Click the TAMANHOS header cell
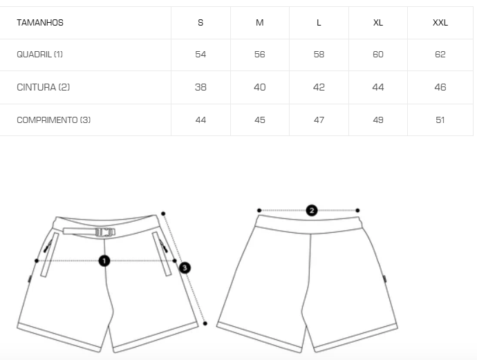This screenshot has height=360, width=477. pos(40,23)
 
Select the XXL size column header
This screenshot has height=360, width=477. pos(440,23)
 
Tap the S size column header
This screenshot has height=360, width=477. pos(200,23)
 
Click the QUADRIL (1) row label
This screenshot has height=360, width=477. pos(39,55)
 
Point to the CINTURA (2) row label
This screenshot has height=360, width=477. pos(43,87)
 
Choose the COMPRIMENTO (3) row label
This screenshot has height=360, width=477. pos(53,120)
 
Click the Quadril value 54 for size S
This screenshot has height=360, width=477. pos(200,55)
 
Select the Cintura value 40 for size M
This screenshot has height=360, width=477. pos(259,87)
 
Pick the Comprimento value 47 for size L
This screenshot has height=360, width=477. pos(319,120)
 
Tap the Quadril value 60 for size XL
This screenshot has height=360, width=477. pos(378,55)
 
